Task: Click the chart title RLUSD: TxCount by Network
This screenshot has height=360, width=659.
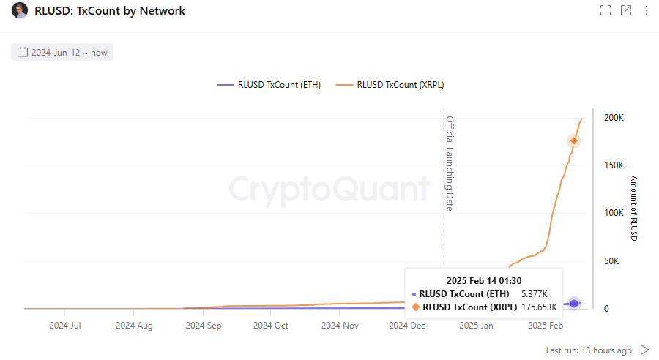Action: pyautogui.click(x=110, y=11)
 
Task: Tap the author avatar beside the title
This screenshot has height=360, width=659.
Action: pyautogui.click(x=20, y=11)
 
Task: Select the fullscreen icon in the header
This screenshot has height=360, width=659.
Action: pyautogui.click(x=605, y=10)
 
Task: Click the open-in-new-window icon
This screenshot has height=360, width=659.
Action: pyautogui.click(x=626, y=10)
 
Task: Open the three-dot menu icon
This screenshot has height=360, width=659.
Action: pyautogui.click(x=646, y=10)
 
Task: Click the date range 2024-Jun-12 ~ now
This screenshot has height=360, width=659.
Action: pyautogui.click(x=63, y=52)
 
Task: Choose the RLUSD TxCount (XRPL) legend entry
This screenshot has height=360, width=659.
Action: pyautogui.click(x=390, y=85)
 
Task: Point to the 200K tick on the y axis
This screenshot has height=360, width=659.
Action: pyautogui.click(x=614, y=118)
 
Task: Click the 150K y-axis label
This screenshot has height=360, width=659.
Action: pyautogui.click(x=614, y=165)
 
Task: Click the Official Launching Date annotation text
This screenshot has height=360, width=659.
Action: pyautogui.click(x=450, y=162)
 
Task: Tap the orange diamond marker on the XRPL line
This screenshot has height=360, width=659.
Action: pyautogui.click(x=574, y=140)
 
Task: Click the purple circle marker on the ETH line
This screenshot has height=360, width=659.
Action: pyautogui.click(x=574, y=303)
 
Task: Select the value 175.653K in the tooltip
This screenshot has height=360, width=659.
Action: pyautogui.click(x=539, y=307)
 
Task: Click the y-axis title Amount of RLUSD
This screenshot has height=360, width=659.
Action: pyautogui.click(x=634, y=209)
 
